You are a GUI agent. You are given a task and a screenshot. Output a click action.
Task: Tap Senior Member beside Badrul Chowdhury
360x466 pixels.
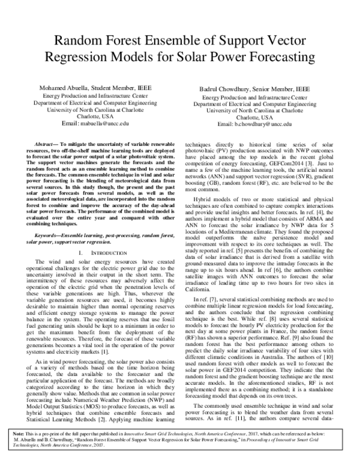coord(273,88)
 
